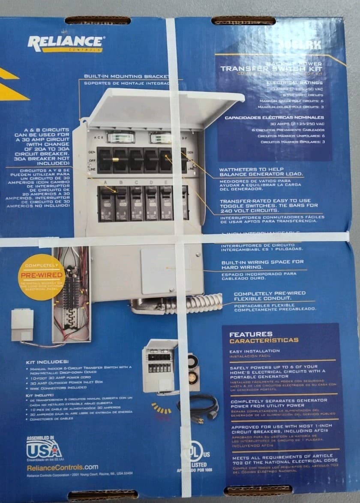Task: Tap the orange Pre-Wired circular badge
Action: (42, 277)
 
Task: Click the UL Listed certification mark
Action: (198, 456)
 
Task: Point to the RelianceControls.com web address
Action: (63, 467)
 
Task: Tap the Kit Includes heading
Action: (47, 362)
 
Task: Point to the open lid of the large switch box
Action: (163, 107)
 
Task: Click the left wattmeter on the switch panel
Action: (120, 137)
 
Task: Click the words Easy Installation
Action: (255, 351)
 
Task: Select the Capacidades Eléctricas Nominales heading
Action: (274, 117)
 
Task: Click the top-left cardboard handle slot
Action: (98, 20)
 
